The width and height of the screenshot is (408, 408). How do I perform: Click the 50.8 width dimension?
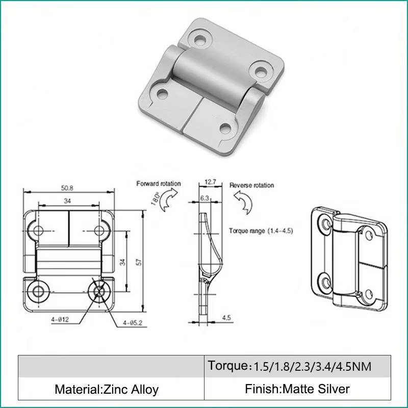[x=67, y=188]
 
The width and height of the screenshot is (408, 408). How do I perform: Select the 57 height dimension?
[x=139, y=262]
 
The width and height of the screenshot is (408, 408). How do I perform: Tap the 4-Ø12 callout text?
[x=60, y=319]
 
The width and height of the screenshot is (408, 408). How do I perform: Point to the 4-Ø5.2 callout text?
[x=133, y=323]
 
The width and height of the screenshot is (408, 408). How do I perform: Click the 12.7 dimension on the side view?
[x=210, y=182]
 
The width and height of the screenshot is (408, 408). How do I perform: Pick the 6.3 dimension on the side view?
[x=205, y=198]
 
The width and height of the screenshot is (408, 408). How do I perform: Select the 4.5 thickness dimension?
[x=226, y=318]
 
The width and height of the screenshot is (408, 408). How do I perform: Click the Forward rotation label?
[x=159, y=184]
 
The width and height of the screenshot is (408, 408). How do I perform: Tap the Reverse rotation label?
[x=251, y=185]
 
